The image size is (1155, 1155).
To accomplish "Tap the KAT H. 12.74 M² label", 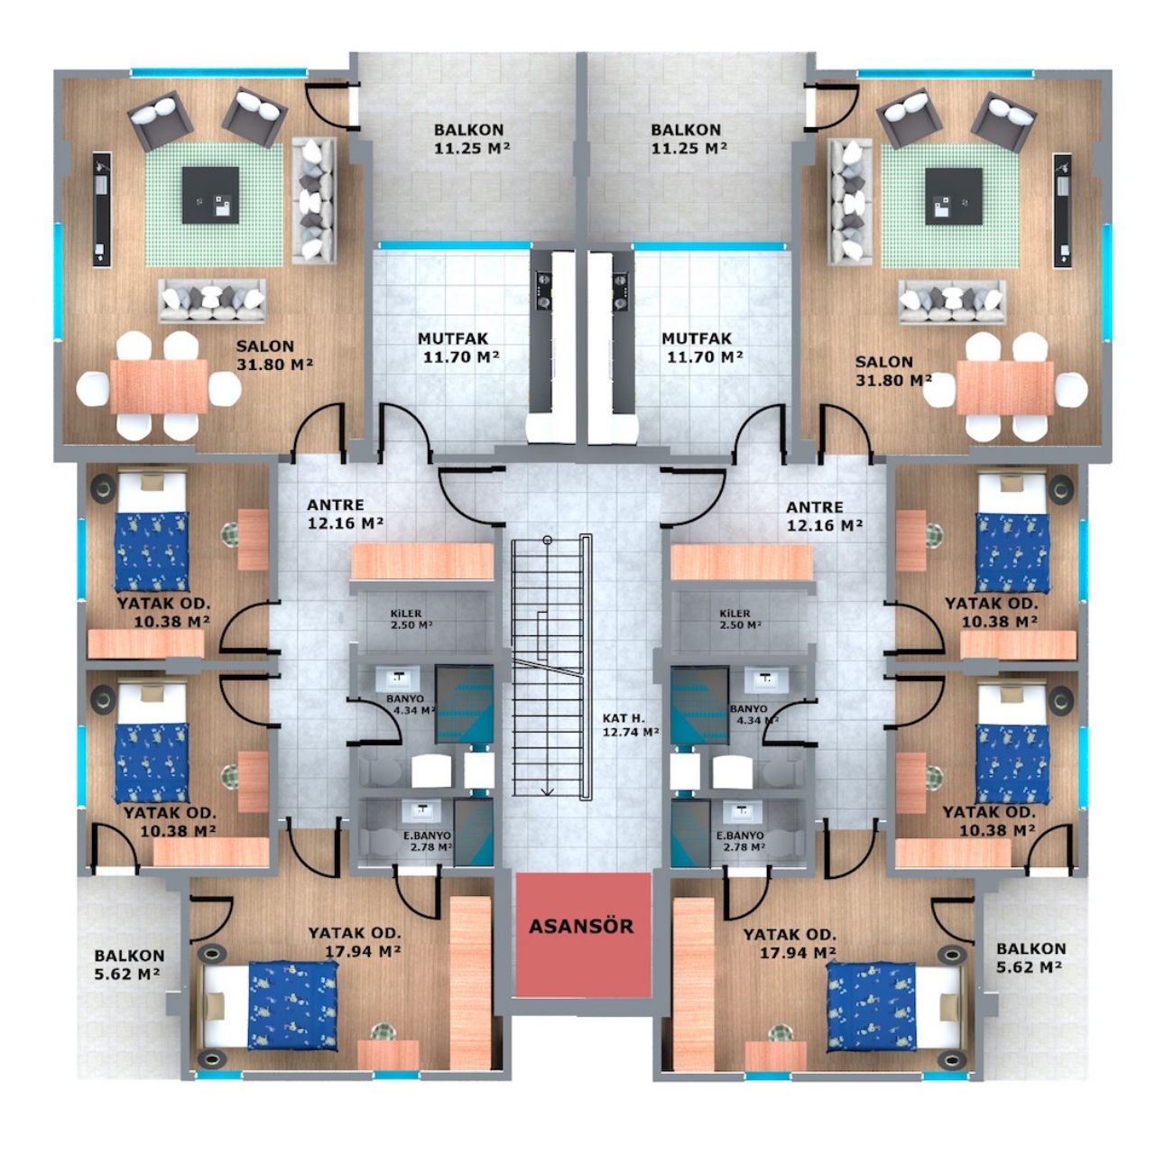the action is point(631,725).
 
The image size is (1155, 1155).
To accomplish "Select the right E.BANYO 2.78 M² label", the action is point(741,841).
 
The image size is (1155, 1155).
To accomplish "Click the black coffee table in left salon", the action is point(209,196).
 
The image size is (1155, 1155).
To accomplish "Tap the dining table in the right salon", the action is point(1004,387).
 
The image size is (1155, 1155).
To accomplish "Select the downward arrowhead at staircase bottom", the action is point(547,791).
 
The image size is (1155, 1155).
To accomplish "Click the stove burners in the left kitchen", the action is point(543,290).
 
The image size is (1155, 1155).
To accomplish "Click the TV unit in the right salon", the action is point(1062,211).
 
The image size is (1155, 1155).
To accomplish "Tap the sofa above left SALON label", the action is point(211,300).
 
